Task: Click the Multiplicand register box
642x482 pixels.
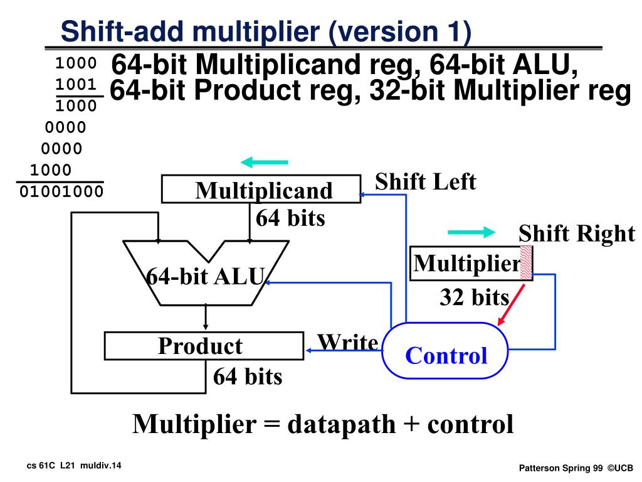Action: click(261, 190)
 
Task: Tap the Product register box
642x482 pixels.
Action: click(203, 346)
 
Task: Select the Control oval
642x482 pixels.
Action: click(445, 351)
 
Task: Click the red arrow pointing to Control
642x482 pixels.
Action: click(509, 305)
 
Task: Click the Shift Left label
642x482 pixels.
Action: click(425, 182)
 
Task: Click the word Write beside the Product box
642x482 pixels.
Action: click(347, 343)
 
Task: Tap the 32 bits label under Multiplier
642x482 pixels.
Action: click(474, 297)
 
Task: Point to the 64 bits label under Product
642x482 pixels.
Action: click(248, 377)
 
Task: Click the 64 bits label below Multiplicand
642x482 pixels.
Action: click(290, 218)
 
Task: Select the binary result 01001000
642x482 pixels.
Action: click(61, 191)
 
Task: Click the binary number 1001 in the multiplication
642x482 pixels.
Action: click(76, 85)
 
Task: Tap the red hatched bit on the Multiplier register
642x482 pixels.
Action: click(526, 262)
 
